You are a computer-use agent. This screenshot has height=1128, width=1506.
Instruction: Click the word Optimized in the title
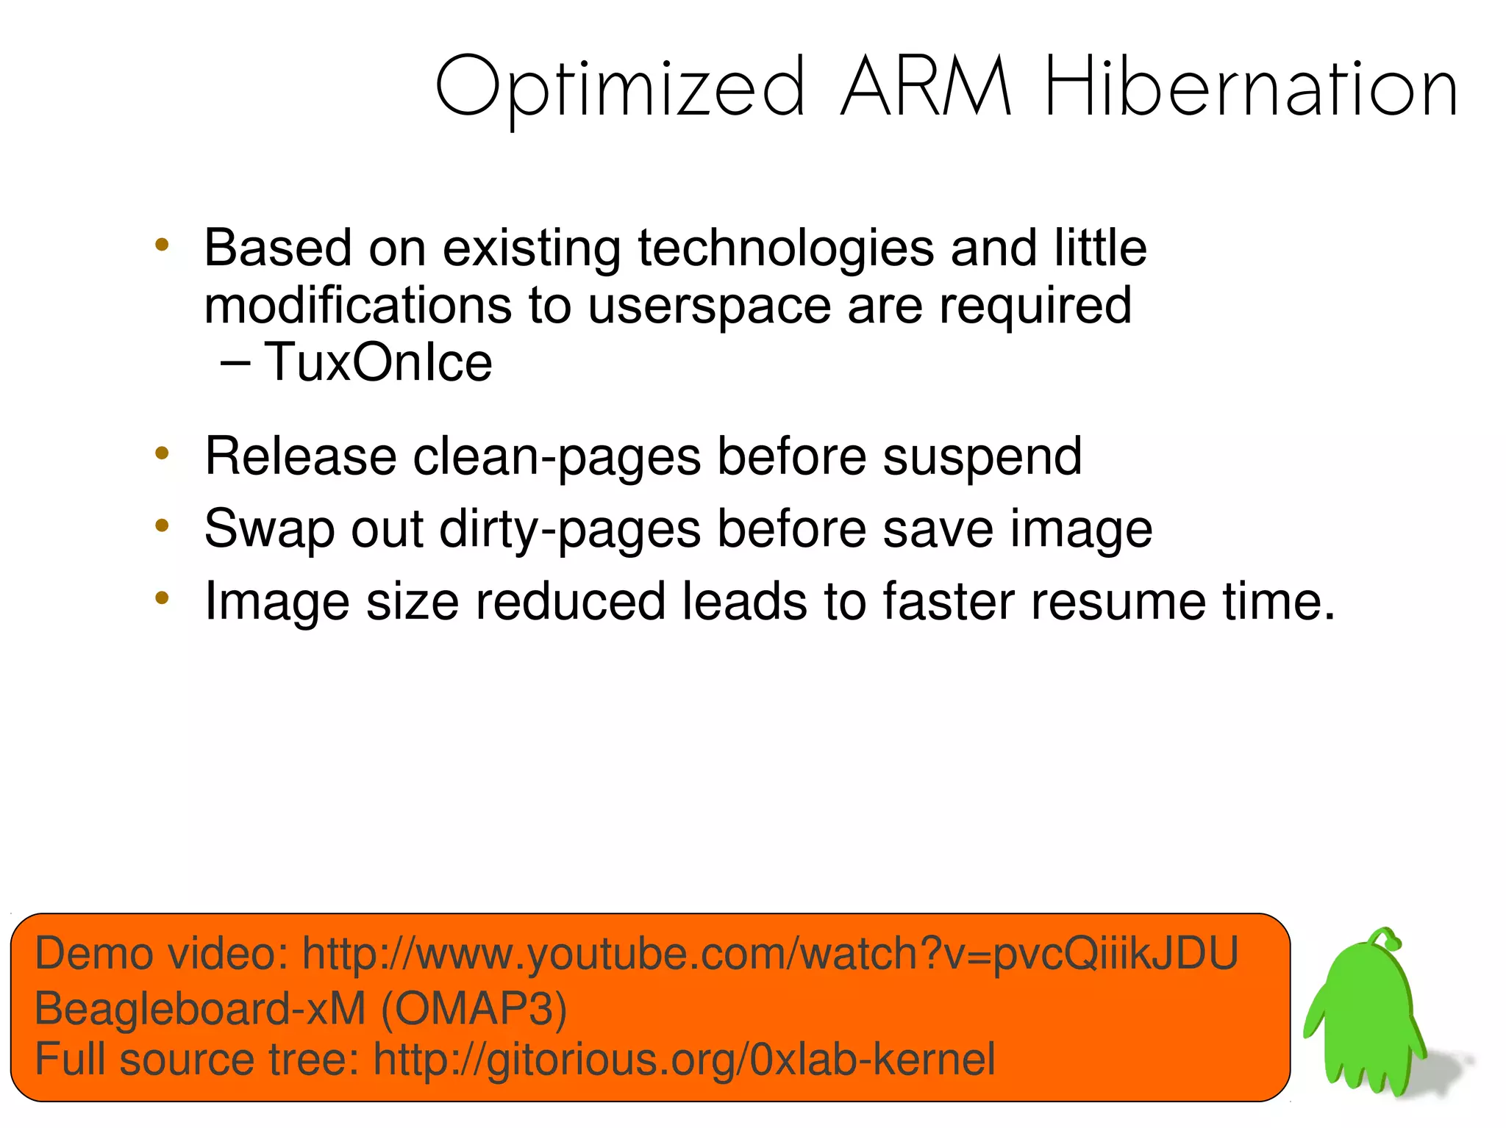click(x=620, y=88)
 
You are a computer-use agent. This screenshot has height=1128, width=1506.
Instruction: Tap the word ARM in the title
click(x=926, y=88)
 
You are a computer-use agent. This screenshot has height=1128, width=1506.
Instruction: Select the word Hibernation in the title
click(x=1251, y=88)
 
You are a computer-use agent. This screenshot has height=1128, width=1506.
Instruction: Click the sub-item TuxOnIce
click(x=378, y=362)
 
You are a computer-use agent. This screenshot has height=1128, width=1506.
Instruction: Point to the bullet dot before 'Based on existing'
click(x=162, y=245)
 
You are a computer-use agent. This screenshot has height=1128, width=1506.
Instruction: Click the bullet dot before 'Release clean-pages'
click(x=162, y=453)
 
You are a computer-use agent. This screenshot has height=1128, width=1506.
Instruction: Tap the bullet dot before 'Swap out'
click(x=162, y=525)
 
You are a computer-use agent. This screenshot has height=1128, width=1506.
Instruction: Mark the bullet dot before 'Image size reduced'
click(x=162, y=598)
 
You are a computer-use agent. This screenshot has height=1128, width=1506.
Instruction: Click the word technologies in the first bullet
click(x=786, y=248)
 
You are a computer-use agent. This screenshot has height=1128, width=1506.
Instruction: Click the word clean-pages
click(x=557, y=457)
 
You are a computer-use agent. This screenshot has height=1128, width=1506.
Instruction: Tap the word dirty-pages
click(x=570, y=529)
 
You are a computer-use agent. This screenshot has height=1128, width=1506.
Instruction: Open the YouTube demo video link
click(x=770, y=954)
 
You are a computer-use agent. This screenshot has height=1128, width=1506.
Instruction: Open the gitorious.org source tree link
click(x=684, y=1060)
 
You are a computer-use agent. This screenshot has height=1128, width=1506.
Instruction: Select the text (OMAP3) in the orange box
click(x=474, y=1007)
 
